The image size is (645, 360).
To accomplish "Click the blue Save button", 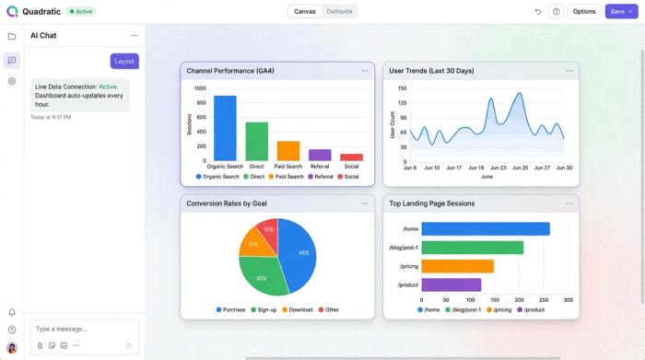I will pyautogui.click(x=621, y=11).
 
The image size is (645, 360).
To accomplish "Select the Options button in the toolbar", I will pyautogui.click(x=584, y=11).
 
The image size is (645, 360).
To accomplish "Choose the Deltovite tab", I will pyautogui.click(x=340, y=11).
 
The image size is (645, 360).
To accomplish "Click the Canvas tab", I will pyautogui.click(x=305, y=11).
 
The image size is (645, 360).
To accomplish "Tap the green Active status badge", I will pyautogui.click(x=80, y=11).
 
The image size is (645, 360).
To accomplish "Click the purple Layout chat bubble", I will pyautogui.click(x=124, y=61).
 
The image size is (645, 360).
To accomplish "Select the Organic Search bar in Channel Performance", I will pyautogui.click(x=225, y=128).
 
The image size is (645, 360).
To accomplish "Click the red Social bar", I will pyautogui.click(x=351, y=157).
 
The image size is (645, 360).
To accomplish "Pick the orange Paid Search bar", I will pyautogui.click(x=288, y=151).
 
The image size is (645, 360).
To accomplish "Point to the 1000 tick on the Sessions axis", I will pyautogui.click(x=200, y=88).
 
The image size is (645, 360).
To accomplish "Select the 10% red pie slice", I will pyautogui.click(x=267, y=230).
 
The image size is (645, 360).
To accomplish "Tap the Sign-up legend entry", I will pyautogui.click(x=264, y=309).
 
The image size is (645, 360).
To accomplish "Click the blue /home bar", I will pyautogui.click(x=485, y=229).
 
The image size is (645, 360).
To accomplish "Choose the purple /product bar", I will pyautogui.click(x=451, y=285).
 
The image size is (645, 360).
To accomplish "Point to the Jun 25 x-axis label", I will pyautogui.click(x=520, y=168).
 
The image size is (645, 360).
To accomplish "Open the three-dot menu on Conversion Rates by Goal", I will pyautogui.click(x=365, y=203).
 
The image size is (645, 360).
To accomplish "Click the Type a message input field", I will pyautogui.click(x=83, y=329).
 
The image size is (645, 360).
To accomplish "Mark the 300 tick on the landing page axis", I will pyautogui.click(x=568, y=300).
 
